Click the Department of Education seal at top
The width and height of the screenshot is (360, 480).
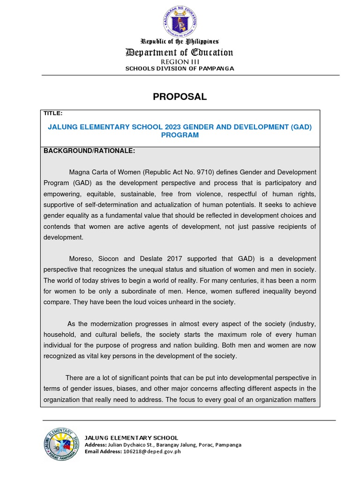click(x=180, y=22)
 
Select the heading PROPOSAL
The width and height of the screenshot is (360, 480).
click(x=180, y=97)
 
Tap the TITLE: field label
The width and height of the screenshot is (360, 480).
click(x=53, y=113)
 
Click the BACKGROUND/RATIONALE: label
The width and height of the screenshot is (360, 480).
click(x=89, y=151)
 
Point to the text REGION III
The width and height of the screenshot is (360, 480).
click(x=180, y=62)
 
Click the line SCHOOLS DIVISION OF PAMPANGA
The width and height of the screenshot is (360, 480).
click(x=180, y=69)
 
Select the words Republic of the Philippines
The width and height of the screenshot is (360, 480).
click(x=180, y=42)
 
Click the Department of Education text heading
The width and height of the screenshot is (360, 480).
click(x=180, y=52)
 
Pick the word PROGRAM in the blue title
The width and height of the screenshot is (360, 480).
click(x=180, y=135)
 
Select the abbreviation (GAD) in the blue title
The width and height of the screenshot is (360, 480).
click(x=300, y=127)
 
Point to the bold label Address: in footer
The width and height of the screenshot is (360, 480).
click(x=96, y=444)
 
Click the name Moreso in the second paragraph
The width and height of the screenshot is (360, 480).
click(x=81, y=259)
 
